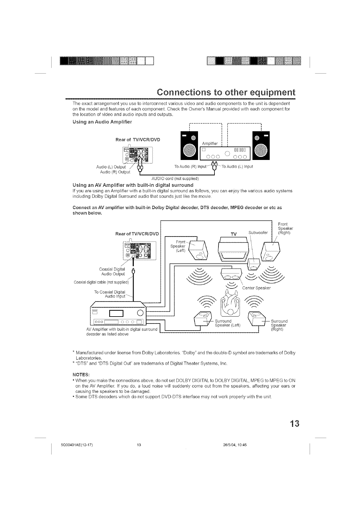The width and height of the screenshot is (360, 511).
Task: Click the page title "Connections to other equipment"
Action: [225, 92]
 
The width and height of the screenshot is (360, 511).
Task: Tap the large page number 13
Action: [294, 424]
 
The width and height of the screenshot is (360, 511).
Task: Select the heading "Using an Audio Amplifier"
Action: [98, 122]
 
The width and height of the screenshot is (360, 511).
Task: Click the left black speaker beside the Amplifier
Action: [189, 146]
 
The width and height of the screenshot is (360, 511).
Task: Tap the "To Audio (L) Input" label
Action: [237, 167]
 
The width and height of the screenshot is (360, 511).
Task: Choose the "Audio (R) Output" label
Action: [115, 172]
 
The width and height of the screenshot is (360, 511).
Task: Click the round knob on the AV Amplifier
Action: [141, 312]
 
